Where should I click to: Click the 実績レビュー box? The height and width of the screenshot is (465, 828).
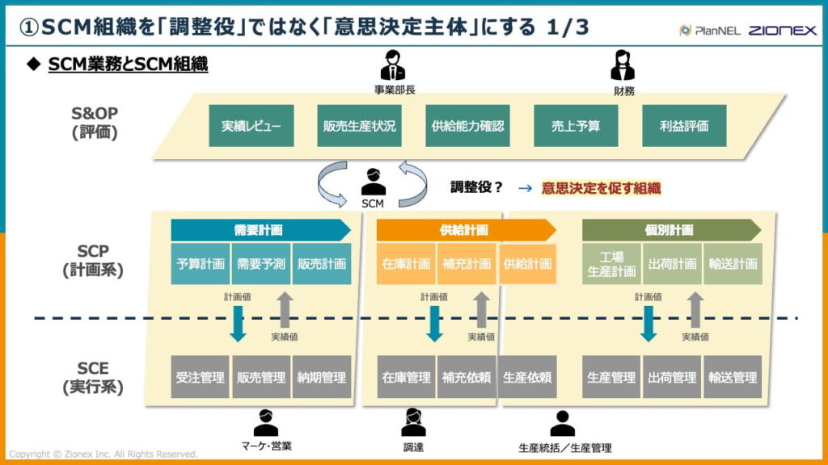tap(251, 126)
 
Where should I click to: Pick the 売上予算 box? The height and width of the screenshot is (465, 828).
tap(576, 126)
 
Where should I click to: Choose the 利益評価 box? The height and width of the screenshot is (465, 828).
tap(684, 126)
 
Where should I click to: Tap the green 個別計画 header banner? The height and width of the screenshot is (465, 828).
tap(670, 230)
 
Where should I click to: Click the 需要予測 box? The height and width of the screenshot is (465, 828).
tap(261, 264)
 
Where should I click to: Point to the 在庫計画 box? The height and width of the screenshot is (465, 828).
tap(406, 264)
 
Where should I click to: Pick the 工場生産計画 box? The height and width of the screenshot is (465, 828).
tap(612, 265)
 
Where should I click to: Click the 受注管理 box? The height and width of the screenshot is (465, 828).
tap(201, 377)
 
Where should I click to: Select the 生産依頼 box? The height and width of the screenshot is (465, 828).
tap(527, 377)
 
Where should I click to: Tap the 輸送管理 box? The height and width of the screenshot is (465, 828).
tap(733, 377)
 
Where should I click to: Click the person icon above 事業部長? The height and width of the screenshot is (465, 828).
tap(394, 65)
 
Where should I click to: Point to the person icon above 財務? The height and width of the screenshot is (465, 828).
tap(623, 65)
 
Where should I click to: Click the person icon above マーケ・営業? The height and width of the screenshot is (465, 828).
tap(266, 422)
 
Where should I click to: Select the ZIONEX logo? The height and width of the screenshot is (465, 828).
tap(782, 30)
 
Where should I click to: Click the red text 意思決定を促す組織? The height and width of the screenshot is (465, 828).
tap(601, 188)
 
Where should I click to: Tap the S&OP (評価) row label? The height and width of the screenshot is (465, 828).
tap(94, 123)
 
